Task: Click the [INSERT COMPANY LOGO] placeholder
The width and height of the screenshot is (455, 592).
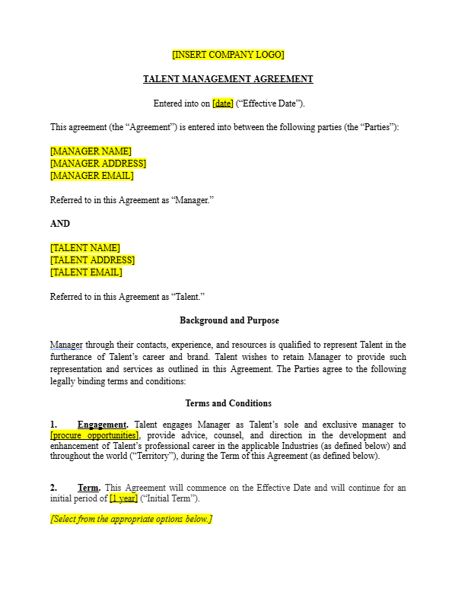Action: (228, 55)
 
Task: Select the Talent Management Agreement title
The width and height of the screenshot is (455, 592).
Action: (228, 79)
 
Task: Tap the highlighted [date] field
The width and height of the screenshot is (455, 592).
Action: (223, 103)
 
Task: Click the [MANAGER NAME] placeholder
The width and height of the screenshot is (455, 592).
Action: (91, 151)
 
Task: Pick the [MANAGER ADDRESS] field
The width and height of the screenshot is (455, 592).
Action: (98, 164)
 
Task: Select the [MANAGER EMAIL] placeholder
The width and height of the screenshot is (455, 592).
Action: (91, 176)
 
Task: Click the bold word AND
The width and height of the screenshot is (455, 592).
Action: (60, 224)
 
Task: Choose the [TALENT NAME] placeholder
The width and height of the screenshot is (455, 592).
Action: (85, 248)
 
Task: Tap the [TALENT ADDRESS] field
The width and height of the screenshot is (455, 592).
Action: (92, 260)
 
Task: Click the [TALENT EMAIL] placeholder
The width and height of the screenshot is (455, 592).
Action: (86, 272)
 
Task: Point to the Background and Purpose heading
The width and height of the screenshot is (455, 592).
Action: (228, 321)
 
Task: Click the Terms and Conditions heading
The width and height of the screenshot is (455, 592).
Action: (228, 403)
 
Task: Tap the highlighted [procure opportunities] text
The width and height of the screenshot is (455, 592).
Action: (94, 435)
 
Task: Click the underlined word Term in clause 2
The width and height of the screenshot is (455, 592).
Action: (89, 488)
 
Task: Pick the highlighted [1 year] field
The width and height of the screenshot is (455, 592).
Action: (123, 498)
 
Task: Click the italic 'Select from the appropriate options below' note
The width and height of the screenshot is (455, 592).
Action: (131, 520)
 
